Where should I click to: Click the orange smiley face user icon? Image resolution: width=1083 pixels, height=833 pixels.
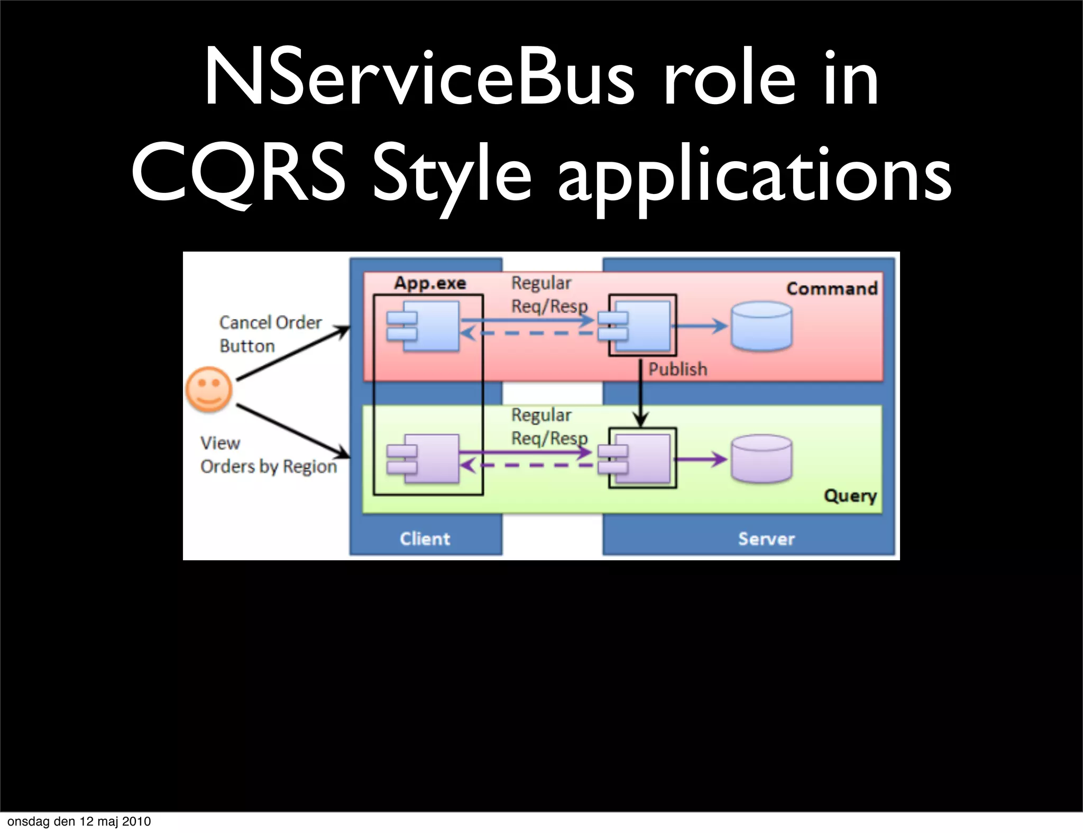209,390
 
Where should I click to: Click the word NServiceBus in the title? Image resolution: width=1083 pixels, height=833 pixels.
419,78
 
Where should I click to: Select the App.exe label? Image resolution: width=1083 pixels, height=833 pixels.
430,283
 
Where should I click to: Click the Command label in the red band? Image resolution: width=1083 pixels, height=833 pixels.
831,289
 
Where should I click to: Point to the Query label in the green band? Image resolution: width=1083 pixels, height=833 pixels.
850,496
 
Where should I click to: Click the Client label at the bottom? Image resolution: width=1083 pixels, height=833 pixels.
425,539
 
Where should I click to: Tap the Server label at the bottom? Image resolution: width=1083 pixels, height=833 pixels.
766,539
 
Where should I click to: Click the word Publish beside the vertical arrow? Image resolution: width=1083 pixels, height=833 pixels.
677,369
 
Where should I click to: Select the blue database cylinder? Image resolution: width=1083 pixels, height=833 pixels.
761,326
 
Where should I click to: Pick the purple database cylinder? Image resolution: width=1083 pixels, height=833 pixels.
761,459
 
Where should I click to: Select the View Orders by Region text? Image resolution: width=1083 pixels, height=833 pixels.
268,455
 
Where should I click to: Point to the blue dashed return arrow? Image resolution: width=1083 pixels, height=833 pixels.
529,333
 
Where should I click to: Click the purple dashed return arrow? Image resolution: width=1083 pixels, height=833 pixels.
529,466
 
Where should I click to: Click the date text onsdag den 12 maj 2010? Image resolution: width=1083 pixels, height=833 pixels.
79,821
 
